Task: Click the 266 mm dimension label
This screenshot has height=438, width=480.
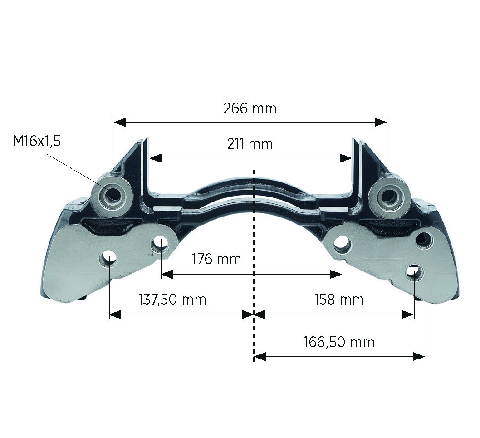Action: (250, 108)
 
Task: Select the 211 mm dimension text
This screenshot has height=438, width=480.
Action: (250, 144)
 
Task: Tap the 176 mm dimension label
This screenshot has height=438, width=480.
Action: (216, 259)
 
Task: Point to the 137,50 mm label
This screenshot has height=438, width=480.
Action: (172, 299)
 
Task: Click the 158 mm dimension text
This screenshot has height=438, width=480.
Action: (339, 299)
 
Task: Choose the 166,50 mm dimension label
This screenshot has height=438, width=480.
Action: (339, 342)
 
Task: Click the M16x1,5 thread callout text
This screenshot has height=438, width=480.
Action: (37, 141)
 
